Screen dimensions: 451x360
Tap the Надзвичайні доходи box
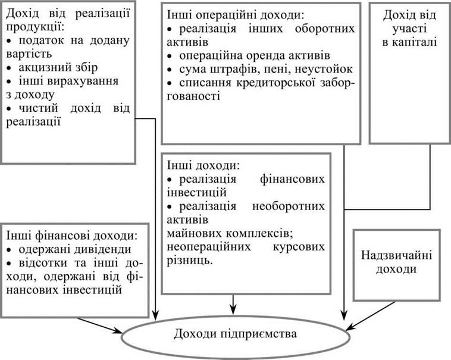pos(397,265)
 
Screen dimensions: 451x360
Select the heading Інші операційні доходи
pos(235,15)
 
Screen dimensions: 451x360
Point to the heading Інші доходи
pos(203,165)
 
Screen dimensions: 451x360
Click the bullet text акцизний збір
pos(58,67)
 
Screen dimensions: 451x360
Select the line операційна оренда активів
pos(255,55)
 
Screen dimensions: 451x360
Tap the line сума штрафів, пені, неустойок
pos(266,69)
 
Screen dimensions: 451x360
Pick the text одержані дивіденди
pos(75,249)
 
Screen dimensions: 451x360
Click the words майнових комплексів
pos(230,233)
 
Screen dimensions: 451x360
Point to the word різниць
pos(190,260)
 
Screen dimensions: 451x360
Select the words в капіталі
pos(409,42)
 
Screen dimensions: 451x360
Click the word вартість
pos(29,54)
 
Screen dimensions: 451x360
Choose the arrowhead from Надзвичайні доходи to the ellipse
pos(352,326)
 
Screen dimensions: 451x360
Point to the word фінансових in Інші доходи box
pos(292,179)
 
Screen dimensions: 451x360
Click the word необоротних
pos(289,206)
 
